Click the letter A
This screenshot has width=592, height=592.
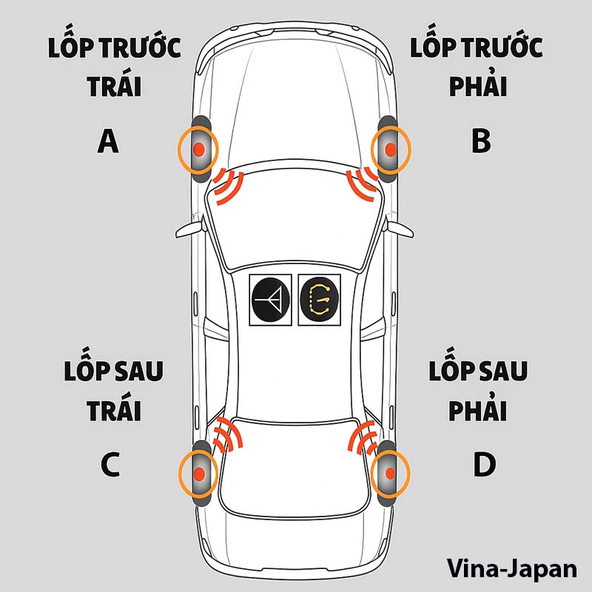[x=108, y=141]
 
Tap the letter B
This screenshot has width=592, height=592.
[x=481, y=141]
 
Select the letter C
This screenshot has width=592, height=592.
[x=110, y=465]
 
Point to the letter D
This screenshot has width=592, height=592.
[x=483, y=465]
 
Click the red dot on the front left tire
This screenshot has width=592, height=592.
[x=198, y=149]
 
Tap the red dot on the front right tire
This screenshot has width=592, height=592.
[x=390, y=149]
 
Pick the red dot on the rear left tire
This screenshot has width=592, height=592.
[x=199, y=472]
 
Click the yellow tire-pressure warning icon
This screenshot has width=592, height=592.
[x=320, y=300]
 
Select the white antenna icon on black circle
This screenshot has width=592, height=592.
[x=272, y=300]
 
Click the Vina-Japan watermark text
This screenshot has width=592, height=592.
[x=511, y=568]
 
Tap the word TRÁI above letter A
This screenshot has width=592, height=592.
[x=114, y=87]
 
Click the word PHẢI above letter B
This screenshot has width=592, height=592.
[x=478, y=87]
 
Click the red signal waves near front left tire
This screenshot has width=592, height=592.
[x=229, y=186]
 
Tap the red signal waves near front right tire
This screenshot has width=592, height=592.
[x=362, y=185]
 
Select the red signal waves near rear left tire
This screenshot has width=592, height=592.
[x=226, y=434]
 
